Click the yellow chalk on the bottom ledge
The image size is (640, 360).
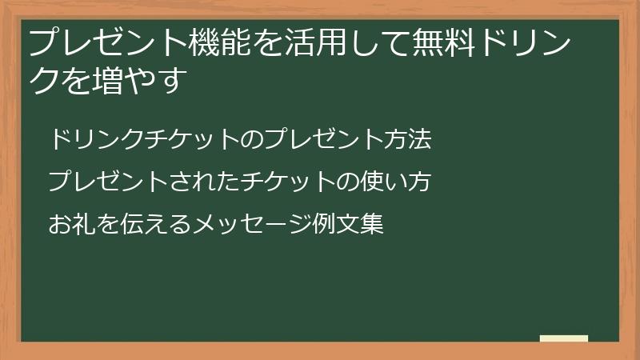click(x=563, y=339)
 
